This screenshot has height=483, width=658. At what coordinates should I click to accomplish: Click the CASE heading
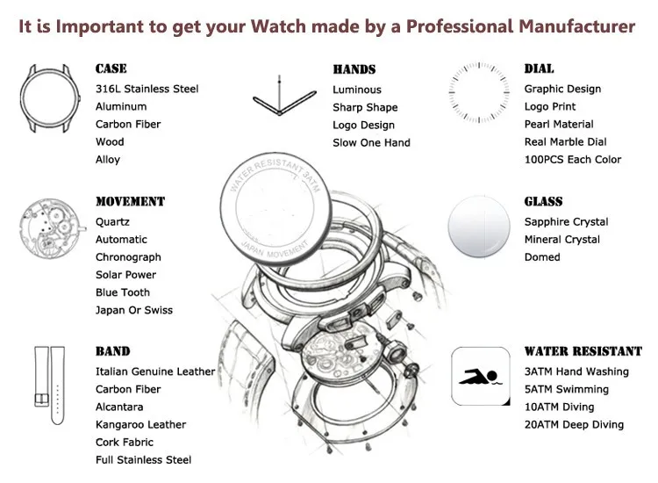click(111, 68)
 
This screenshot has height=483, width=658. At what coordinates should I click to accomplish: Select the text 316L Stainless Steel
click(147, 89)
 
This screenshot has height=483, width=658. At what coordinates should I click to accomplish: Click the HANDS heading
click(354, 69)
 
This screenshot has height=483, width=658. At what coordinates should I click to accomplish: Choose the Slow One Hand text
click(371, 142)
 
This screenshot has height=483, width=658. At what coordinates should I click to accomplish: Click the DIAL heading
click(539, 68)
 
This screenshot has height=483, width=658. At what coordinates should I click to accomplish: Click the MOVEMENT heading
click(130, 202)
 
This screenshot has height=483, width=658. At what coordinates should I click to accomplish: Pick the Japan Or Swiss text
click(133, 310)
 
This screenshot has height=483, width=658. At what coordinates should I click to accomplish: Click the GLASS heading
click(543, 202)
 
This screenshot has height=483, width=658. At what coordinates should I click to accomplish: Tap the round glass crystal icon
click(479, 227)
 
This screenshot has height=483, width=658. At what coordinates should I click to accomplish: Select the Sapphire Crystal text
click(566, 222)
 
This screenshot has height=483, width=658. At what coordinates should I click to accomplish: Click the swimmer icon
click(479, 375)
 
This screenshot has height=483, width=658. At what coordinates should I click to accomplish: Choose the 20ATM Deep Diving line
click(574, 424)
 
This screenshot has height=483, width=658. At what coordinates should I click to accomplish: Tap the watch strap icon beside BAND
click(44, 386)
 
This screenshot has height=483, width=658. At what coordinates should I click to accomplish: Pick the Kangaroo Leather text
click(140, 424)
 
